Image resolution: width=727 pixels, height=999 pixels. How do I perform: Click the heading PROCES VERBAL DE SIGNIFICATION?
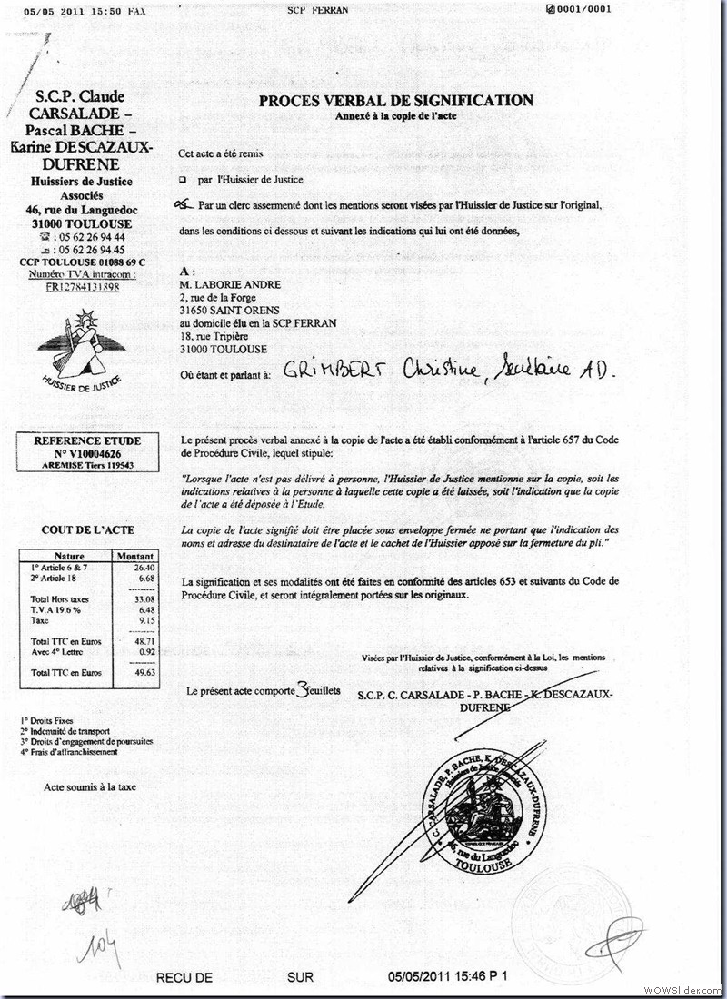pos(396,101)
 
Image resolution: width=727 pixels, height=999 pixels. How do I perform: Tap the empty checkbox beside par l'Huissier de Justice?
pos(183,181)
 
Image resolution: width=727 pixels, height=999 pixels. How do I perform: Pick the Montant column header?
pos(134,556)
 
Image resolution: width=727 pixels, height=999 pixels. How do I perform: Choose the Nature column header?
pos(69,556)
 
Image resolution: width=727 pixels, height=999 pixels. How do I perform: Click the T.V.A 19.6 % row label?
pos(55,610)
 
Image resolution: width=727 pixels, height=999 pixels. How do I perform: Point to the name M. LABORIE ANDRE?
pos(231,284)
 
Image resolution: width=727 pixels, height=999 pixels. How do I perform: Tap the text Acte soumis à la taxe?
pos(90,786)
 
